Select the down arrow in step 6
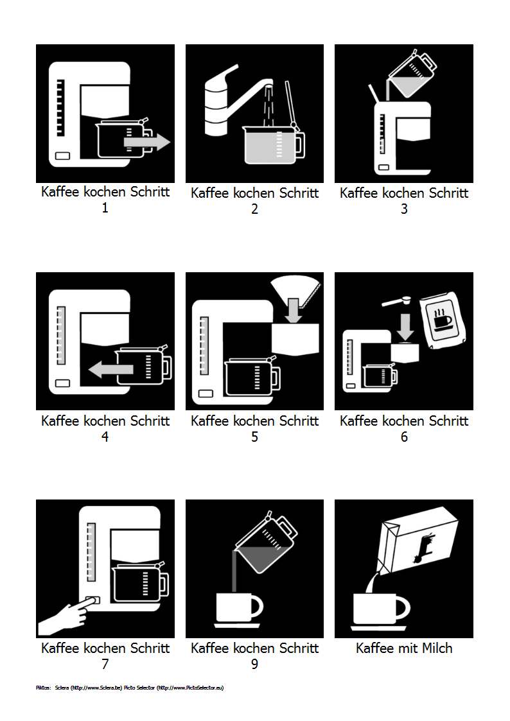tap(405, 327)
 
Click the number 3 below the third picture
tap(404, 209)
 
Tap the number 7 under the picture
tap(105, 664)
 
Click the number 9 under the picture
tap(254, 664)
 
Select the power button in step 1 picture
tap(63, 155)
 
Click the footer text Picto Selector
tap(139, 688)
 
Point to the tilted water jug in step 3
tap(411, 74)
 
